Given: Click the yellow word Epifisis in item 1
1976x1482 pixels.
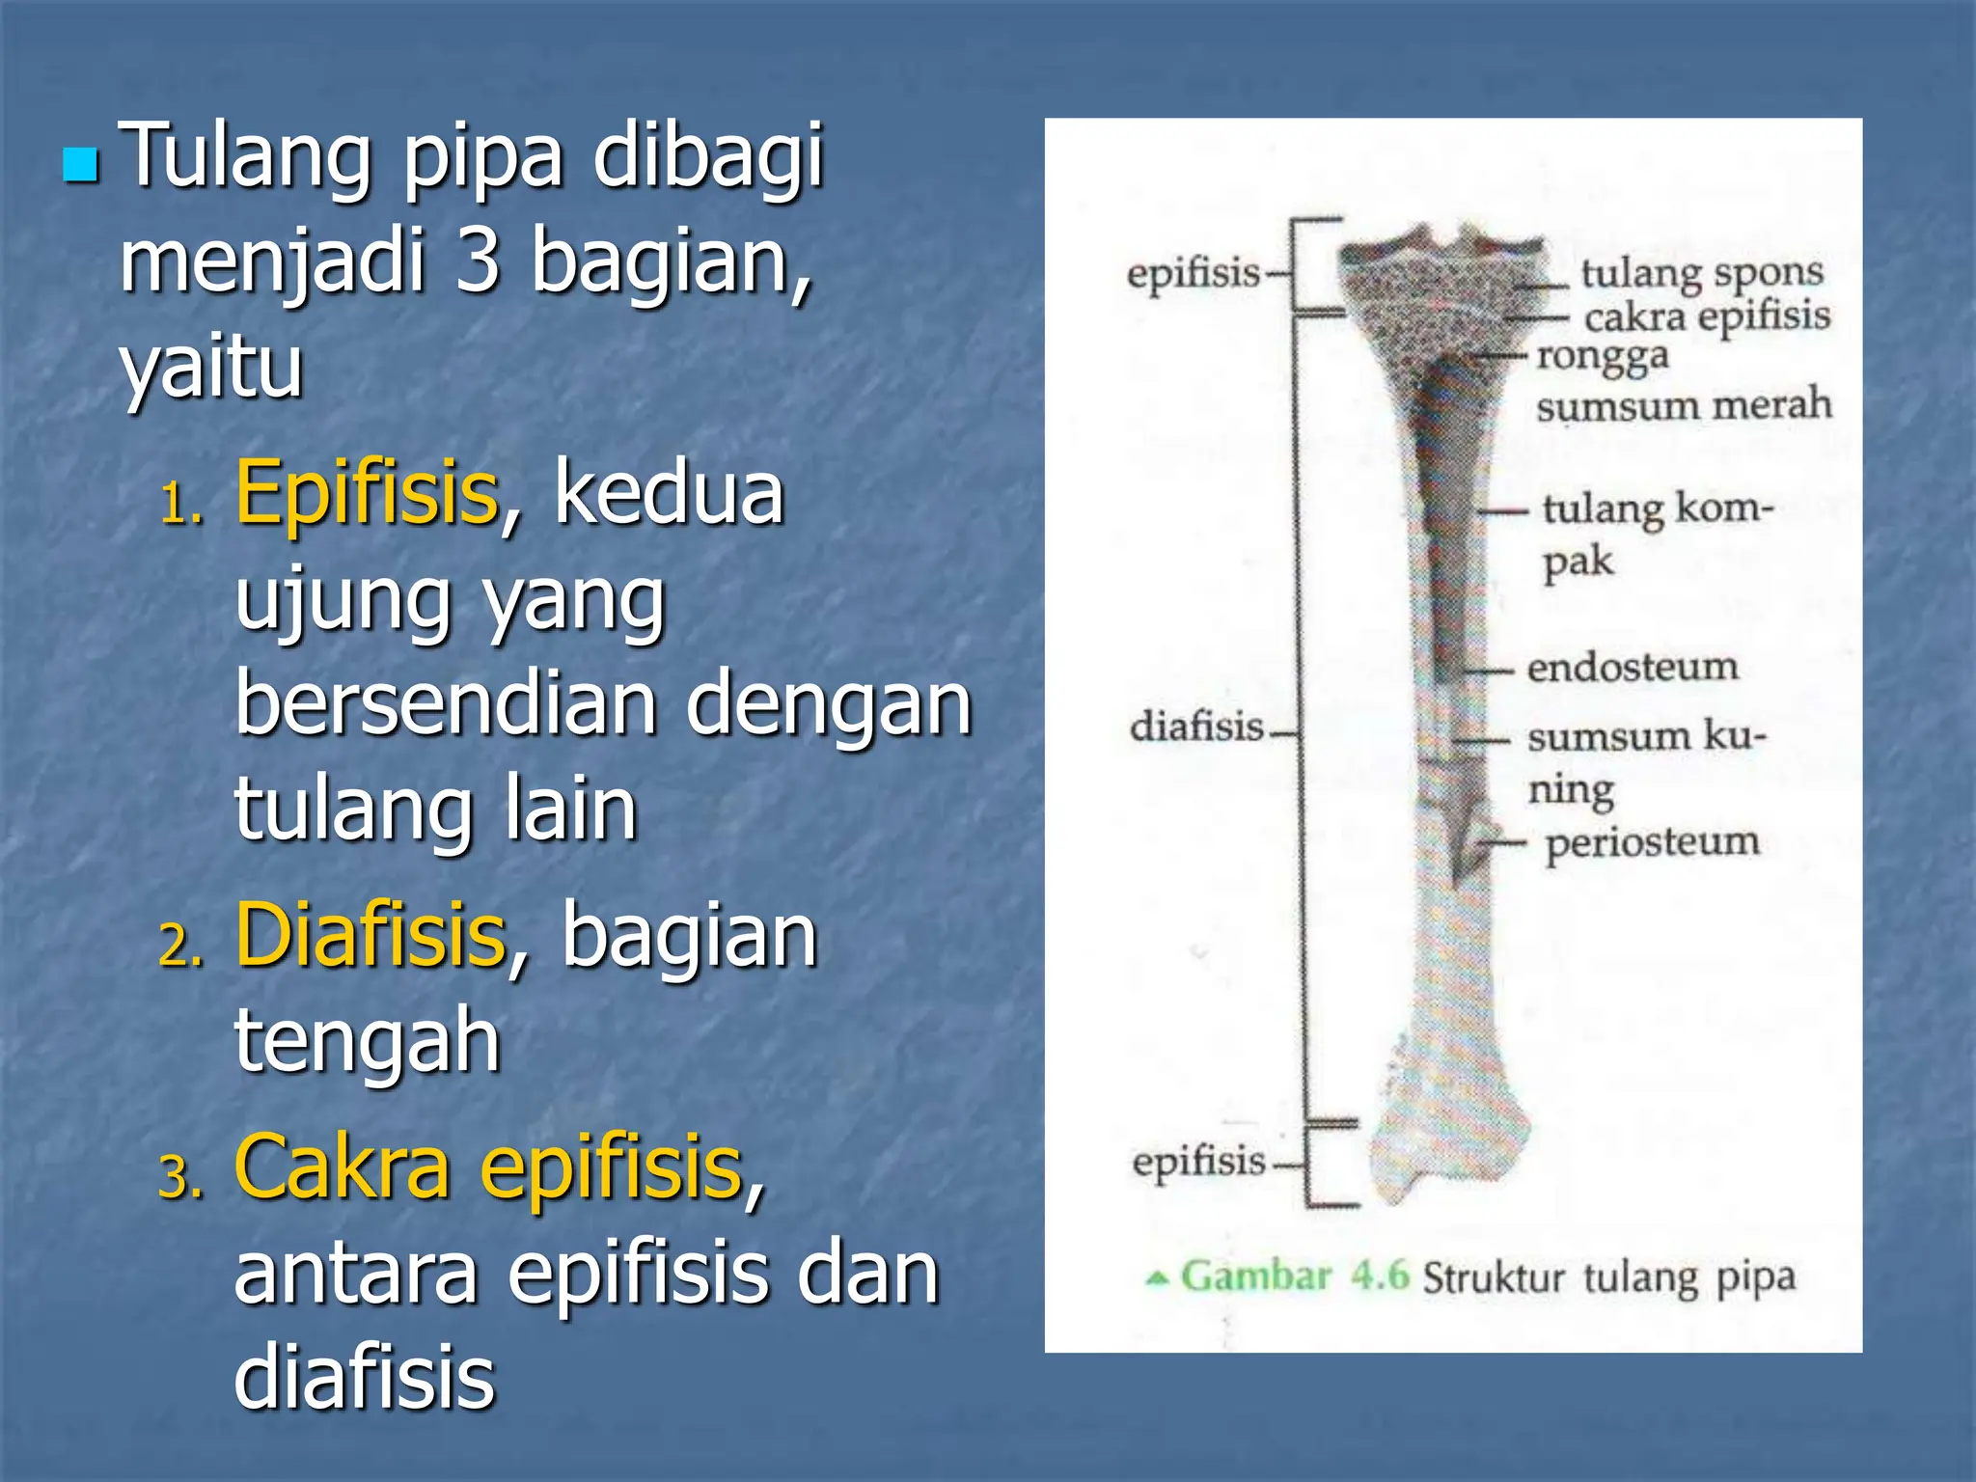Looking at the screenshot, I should [367, 494].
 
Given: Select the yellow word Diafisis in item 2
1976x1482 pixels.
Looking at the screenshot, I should [370, 934].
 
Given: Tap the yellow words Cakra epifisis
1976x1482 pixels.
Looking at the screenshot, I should [488, 1167].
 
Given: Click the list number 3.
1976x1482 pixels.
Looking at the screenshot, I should [180, 1179].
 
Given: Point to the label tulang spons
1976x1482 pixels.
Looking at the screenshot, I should [1701, 273].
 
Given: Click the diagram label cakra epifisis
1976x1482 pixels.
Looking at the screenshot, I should [1706, 316].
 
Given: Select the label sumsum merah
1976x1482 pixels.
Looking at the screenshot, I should [1684, 403].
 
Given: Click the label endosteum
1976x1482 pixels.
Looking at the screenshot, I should [1633, 667].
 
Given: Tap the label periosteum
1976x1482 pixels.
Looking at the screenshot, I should [1652, 842].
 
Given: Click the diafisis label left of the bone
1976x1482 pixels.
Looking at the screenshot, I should [1196, 726].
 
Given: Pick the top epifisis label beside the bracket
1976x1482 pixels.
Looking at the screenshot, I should [1194, 273].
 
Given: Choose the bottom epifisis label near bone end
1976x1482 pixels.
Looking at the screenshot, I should [1198, 1161].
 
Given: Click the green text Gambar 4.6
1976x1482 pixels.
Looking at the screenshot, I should [1294, 1276].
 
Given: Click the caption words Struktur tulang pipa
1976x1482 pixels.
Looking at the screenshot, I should [1608, 1277].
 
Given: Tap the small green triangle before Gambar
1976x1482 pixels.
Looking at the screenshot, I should [1157, 1279].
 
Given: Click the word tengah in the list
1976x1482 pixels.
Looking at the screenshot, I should [367, 1040].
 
